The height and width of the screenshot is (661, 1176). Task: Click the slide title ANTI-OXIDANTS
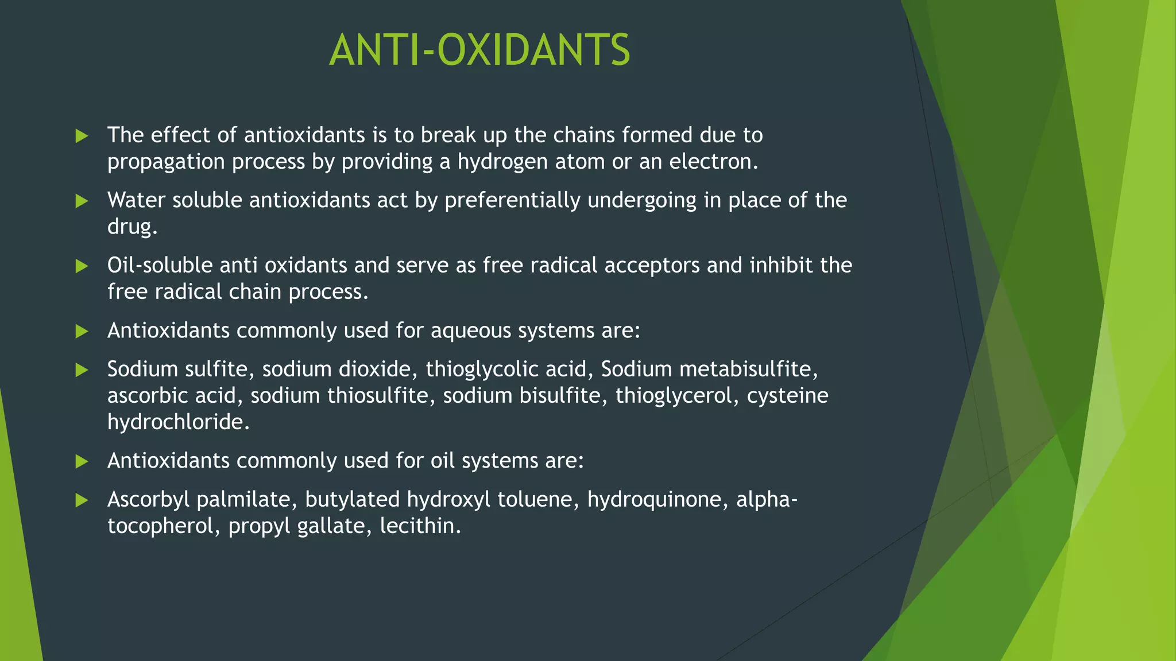pos(479,50)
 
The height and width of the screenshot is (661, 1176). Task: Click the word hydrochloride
pos(177,422)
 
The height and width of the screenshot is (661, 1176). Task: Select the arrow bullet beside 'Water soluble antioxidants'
pos(82,201)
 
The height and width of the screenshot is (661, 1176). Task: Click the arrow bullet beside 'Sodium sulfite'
pos(82,370)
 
